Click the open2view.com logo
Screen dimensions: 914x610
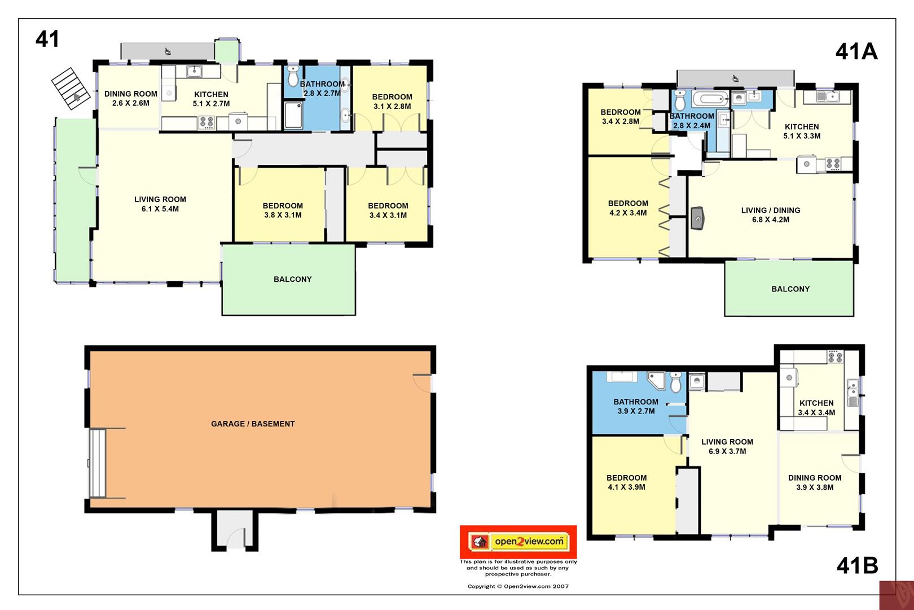(x=518, y=542)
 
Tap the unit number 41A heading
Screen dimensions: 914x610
(x=856, y=52)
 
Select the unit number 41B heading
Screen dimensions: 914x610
(x=857, y=565)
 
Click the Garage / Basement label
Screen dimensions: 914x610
(x=253, y=424)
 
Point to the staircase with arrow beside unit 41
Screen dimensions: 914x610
(x=71, y=88)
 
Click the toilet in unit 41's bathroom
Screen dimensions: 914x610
(x=293, y=76)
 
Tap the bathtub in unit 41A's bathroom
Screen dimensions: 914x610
(x=710, y=99)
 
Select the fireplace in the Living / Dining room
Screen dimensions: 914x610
(x=698, y=218)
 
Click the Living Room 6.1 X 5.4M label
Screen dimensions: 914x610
(x=160, y=204)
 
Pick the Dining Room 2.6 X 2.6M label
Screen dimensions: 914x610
(x=130, y=98)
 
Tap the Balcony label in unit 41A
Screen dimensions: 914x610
(x=790, y=289)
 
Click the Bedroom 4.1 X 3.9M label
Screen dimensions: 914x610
(x=626, y=482)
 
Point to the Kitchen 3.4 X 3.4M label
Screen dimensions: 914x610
(x=816, y=408)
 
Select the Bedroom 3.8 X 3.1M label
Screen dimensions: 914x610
(x=282, y=210)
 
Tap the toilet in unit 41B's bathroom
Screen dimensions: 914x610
(x=676, y=382)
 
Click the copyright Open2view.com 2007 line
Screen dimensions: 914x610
(x=518, y=586)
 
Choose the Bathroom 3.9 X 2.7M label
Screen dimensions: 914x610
(x=636, y=406)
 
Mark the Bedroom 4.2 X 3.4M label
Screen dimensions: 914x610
(x=628, y=207)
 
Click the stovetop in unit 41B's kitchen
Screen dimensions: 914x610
(x=835, y=357)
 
